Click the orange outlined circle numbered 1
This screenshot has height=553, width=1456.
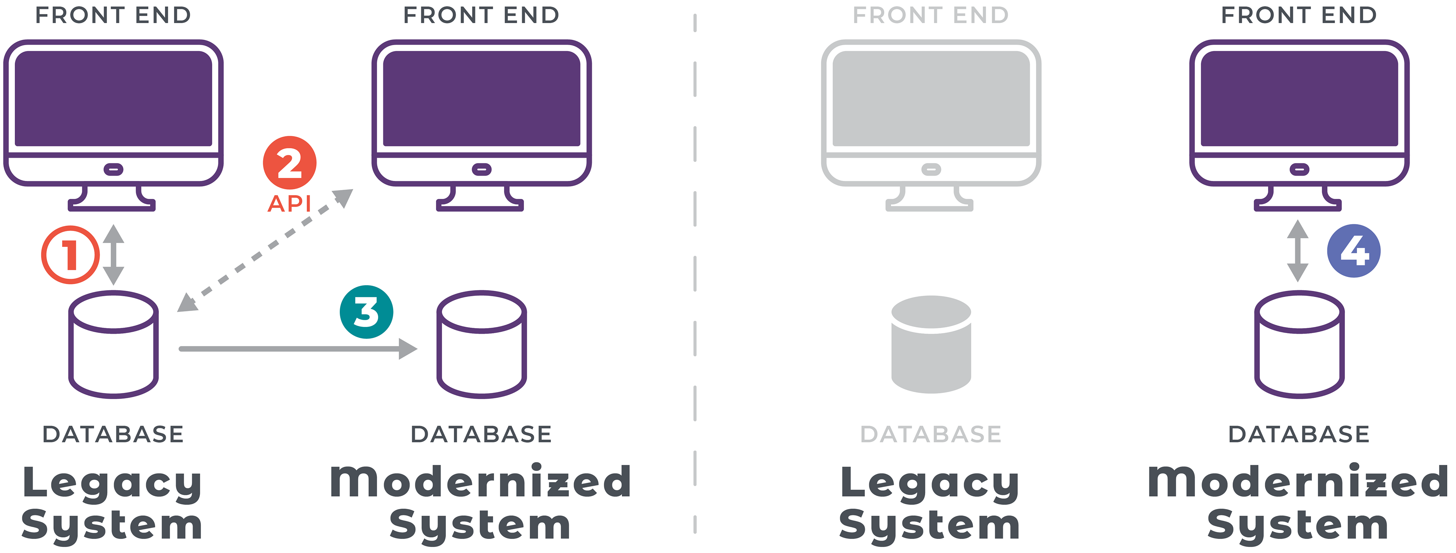tap(70, 255)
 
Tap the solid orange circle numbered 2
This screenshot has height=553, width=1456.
tap(289, 163)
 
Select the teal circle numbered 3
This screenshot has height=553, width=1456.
tap(366, 311)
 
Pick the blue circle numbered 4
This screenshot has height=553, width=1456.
tap(1354, 250)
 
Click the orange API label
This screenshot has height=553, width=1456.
tap(289, 204)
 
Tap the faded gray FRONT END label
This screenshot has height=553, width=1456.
tap(931, 15)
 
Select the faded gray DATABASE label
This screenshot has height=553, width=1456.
tap(931, 434)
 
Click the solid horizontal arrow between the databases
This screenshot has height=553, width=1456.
tap(298, 349)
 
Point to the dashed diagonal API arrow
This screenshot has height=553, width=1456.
tap(265, 250)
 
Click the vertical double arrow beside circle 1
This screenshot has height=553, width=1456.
tap(114, 255)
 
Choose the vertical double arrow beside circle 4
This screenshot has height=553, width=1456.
tap(1298, 250)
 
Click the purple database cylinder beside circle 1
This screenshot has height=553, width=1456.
tap(114, 344)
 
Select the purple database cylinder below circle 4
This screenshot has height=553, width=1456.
tap(1299, 344)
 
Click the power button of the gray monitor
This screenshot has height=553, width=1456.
tap(931, 169)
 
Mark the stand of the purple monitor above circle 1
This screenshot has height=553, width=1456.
tap(112, 198)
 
